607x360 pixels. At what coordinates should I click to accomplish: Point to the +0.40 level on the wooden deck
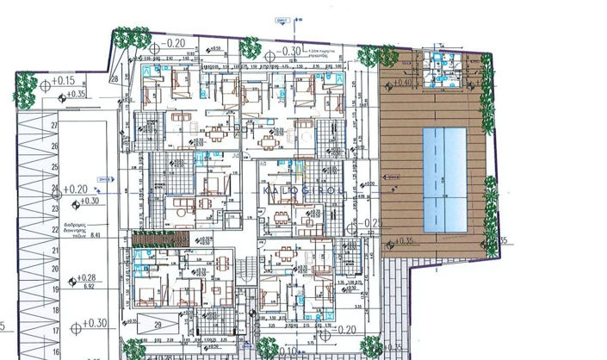click(393, 83)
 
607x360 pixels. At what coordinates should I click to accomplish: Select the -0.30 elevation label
click(289, 51)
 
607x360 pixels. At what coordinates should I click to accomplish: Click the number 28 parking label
click(114, 78)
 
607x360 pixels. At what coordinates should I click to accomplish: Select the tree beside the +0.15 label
click(25, 85)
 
